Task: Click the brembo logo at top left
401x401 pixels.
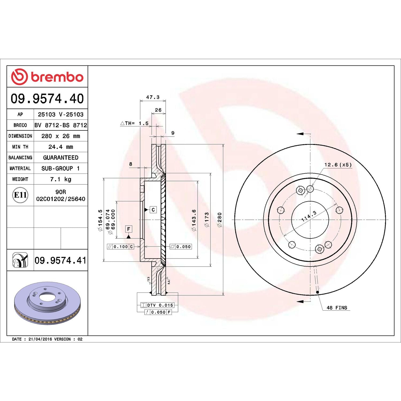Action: pyautogui.click(x=47, y=77)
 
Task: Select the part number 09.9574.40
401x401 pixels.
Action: pyautogui.click(x=47, y=99)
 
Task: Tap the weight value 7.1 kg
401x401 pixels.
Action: pyautogui.click(x=61, y=179)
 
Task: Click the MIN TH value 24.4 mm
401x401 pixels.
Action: pyautogui.click(x=61, y=147)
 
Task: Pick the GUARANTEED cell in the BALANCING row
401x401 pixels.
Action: pyautogui.click(x=61, y=158)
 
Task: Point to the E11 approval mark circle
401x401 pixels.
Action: pyautogui.click(x=20, y=195)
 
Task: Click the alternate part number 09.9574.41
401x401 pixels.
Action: pyautogui.click(x=60, y=260)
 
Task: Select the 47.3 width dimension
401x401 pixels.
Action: pyautogui.click(x=153, y=97)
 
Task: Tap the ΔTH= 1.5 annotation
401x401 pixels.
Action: pyautogui.click(x=134, y=123)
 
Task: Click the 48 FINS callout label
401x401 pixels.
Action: pyautogui.click(x=337, y=308)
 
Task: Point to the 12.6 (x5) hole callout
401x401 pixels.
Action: pyautogui.click(x=338, y=165)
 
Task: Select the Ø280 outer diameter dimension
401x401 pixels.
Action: pyautogui.click(x=220, y=220)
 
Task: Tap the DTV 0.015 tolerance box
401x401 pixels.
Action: pyautogui.click(x=157, y=305)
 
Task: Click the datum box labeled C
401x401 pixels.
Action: pyautogui.click(x=153, y=210)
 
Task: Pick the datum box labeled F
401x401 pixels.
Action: pyautogui.click(x=129, y=229)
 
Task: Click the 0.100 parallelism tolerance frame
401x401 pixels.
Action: pyautogui.click(x=120, y=247)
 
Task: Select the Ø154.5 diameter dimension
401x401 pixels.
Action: pyautogui.click(x=100, y=220)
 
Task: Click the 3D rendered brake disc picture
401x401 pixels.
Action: pyautogui.click(x=47, y=303)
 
